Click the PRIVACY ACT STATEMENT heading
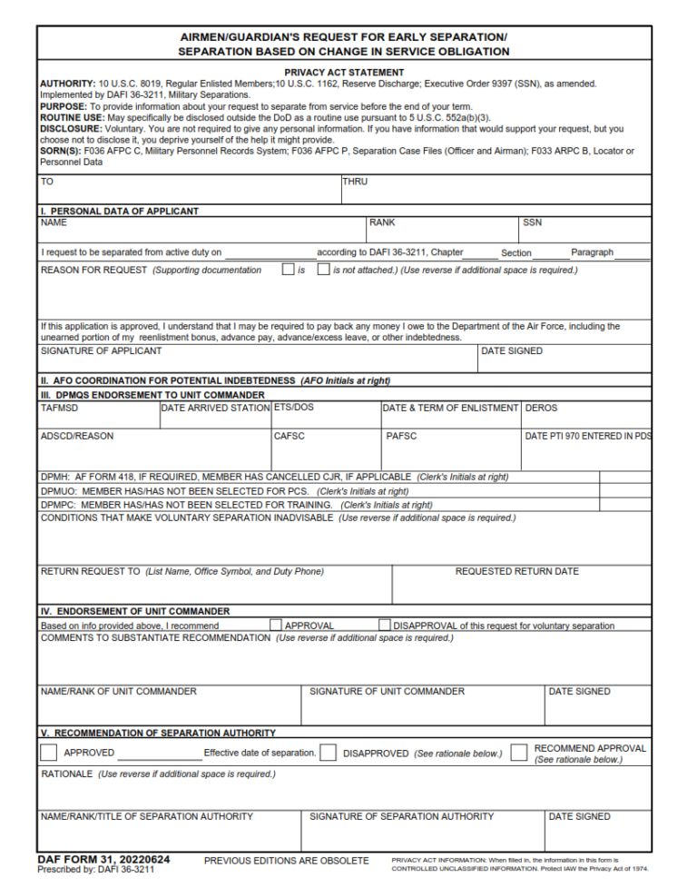[x=344, y=73]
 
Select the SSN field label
[x=532, y=222]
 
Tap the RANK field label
[x=382, y=222]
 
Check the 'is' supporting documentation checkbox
[x=288, y=270]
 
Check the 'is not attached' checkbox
[x=323, y=270]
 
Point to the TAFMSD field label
[x=60, y=409]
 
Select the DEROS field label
[x=542, y=409]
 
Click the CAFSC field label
[x=290, y=437]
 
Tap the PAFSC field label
[x=401, y=437]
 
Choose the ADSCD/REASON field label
[x=77, y=437]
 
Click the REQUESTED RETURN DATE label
[x=516, y=572]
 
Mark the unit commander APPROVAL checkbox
[x=276, y=625]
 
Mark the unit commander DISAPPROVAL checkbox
[x=385, y=625]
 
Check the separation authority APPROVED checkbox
[x=49, y=753]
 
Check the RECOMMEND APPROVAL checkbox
[x=518, y=753]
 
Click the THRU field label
[x=355, y=182]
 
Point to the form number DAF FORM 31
[x=103, y=859]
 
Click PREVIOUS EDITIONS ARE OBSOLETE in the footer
[x=286, y=861]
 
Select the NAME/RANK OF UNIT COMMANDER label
[x=118, y=692]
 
